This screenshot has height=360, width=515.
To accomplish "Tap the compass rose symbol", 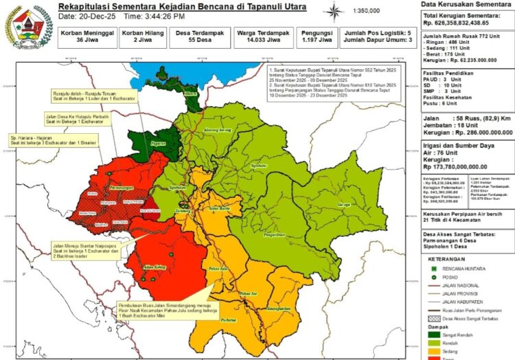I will point(334,12).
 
